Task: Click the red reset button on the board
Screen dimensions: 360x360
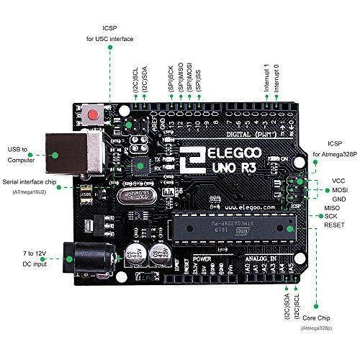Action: point(93,114)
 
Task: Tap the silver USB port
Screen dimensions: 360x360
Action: point(61,152)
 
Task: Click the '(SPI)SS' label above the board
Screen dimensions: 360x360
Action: point(198,77)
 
